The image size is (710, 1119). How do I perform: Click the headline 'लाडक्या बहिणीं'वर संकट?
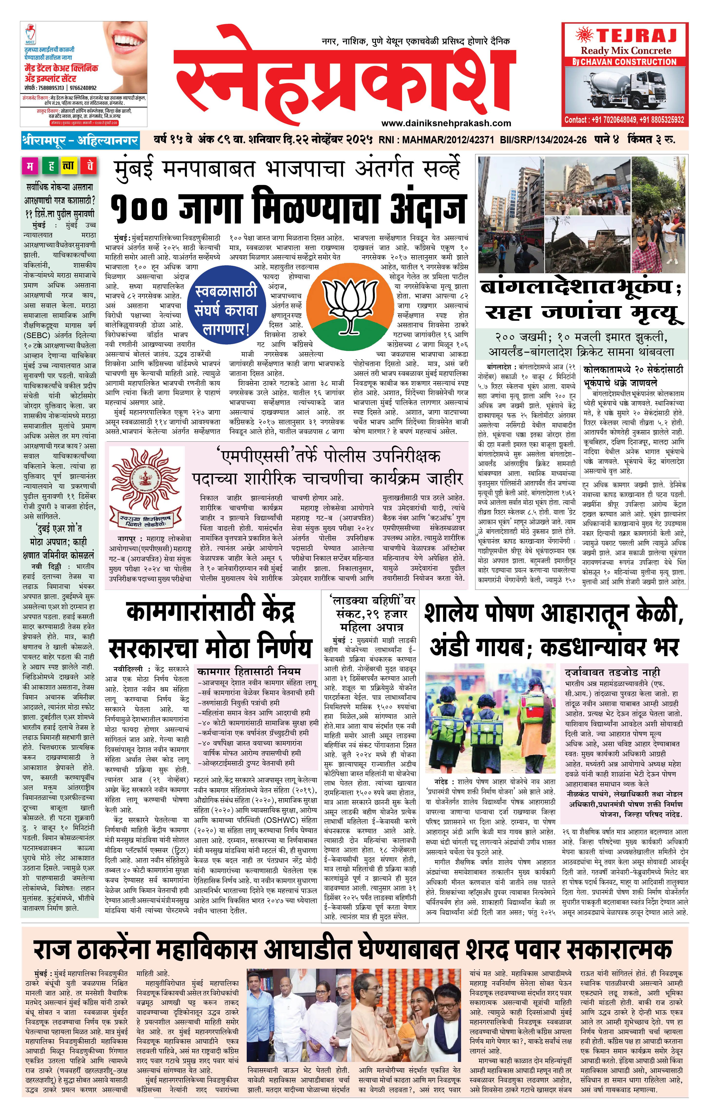pyautogui.click(x=370, y=607)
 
